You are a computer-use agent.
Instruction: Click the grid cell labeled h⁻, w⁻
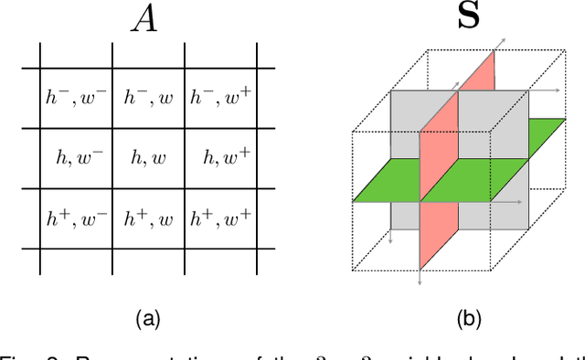coord(76,97)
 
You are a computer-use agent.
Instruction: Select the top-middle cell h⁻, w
coord(148,97)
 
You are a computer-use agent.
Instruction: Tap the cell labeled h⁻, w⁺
coord(220,97)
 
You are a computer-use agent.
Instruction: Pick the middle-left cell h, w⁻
coord(76,158)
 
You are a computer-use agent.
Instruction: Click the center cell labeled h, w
coord(148,158)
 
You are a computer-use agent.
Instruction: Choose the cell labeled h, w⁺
coord(220,158)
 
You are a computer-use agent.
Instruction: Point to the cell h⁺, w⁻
coord(76,218)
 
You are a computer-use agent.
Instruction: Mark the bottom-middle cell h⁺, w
coord(148,218)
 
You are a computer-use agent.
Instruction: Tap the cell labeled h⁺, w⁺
coord(220,218)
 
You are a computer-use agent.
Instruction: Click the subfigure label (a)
coord(148,319)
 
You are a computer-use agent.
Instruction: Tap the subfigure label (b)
coord(470,319)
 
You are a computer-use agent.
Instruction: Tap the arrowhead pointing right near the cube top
coord(558,91)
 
